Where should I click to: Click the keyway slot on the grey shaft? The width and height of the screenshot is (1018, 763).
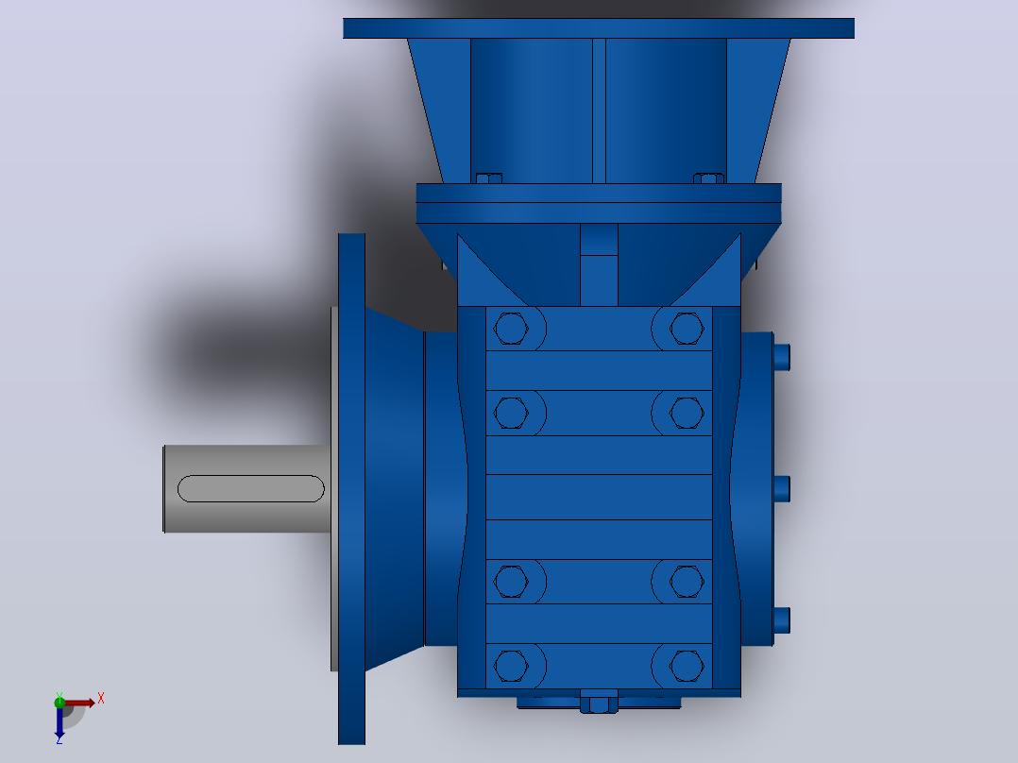(250, 488)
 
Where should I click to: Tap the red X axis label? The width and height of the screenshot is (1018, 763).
(101, 699)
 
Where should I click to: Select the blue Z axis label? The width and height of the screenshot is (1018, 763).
(59, 740)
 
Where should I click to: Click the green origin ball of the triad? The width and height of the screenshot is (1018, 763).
(59, 702)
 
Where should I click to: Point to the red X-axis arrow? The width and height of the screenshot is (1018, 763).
(77, 703)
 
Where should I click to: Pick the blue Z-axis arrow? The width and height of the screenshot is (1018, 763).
(59, 721)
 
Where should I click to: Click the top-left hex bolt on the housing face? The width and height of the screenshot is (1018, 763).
(511, 329)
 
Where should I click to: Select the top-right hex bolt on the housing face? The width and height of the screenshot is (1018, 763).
(687, 329)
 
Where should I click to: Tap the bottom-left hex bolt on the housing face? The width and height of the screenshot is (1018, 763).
(511, 667)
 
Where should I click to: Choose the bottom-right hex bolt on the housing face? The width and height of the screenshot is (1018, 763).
(687, 667)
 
